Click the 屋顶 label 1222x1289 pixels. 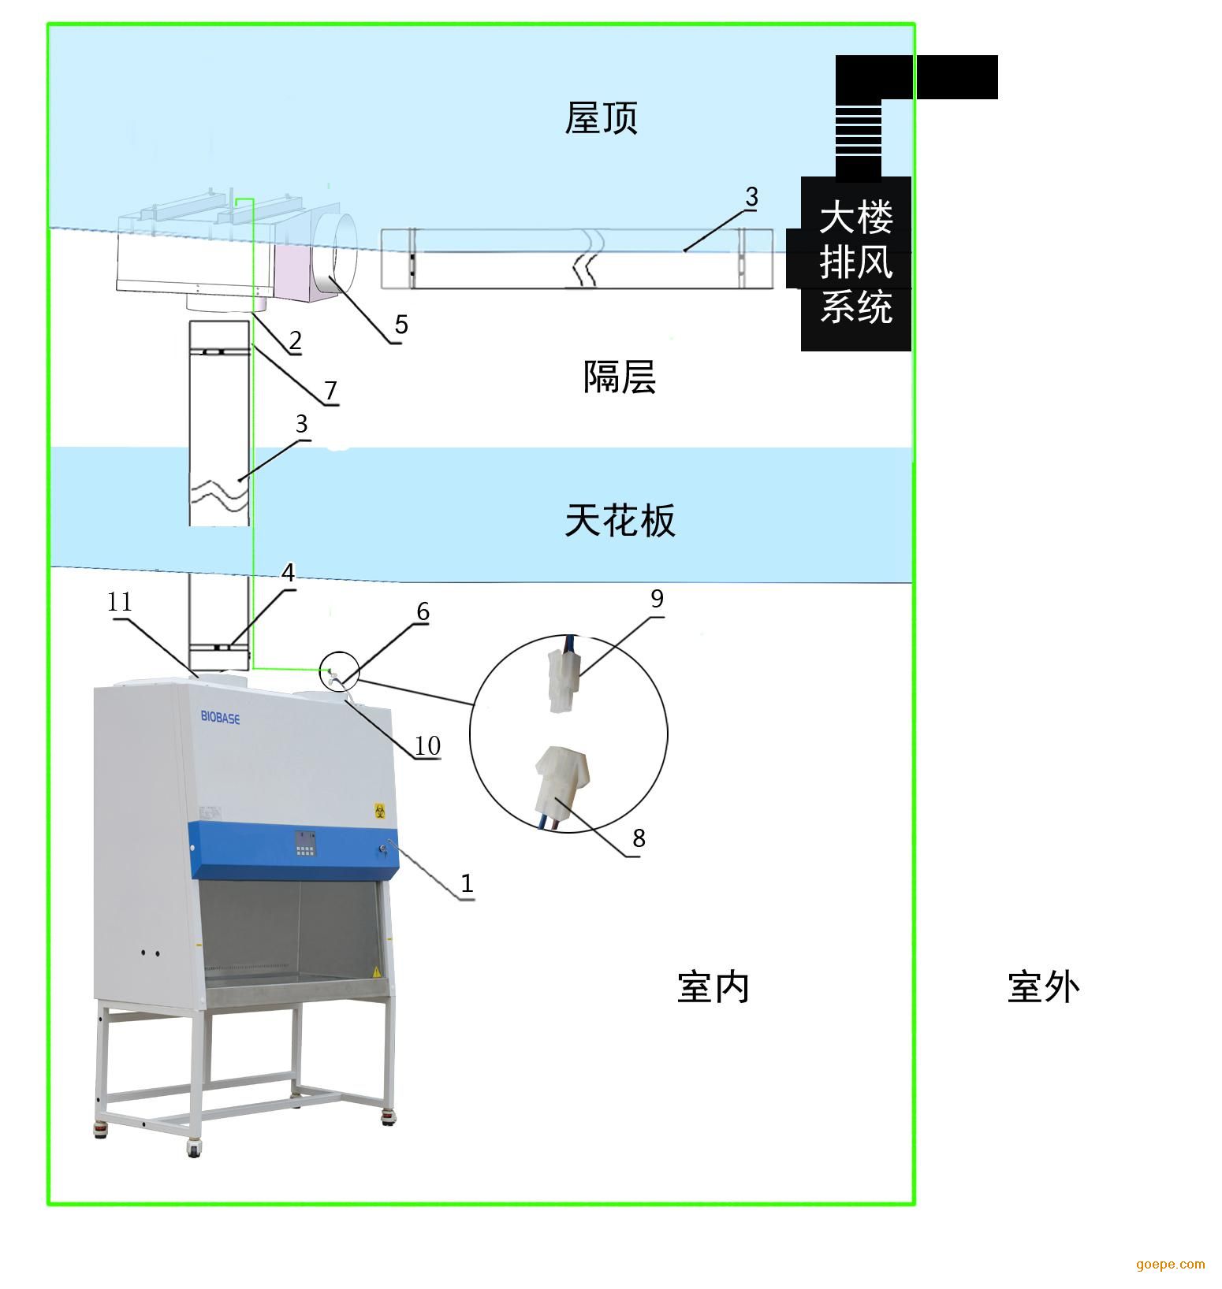[601, 118]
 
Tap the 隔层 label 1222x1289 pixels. [620, 377]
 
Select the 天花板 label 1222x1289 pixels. [620, 520]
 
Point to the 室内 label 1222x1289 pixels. [713, 986]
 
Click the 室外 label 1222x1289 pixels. [1043, 986]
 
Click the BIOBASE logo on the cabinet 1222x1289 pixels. [220, 718]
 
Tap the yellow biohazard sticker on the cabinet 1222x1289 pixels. [379, 810]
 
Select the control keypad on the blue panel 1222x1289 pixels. [306, 844]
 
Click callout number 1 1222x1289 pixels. [467, 883]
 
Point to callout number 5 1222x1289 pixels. [401, 324]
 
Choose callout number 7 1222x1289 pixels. [330, 390]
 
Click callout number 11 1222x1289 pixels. [120, 602]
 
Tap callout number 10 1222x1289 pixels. [427, 745]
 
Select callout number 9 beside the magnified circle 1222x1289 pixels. [657, 599]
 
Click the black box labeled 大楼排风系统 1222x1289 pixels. [856, 263]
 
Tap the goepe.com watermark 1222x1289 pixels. [1171, 1265]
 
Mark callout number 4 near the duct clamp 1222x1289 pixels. [289, 573]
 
